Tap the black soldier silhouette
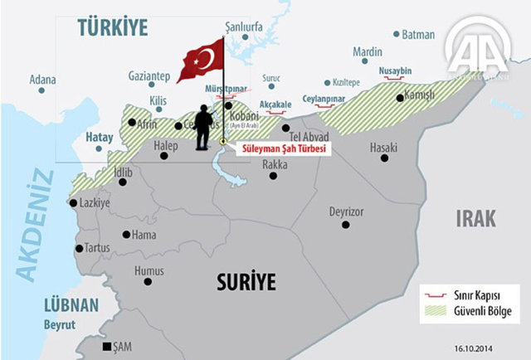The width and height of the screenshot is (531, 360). tap(202, 129)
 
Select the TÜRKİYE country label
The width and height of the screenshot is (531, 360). tap(112, 27)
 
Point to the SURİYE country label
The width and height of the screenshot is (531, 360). tap(246, 281)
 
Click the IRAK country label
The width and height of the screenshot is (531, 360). tap(475, 218)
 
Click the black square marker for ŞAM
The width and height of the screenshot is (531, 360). tap(105, 347)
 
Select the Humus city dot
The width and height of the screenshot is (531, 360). tap(149, 282)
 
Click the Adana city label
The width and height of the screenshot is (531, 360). tap(42, 80)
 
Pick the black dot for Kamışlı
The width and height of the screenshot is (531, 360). tap(400, 98)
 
